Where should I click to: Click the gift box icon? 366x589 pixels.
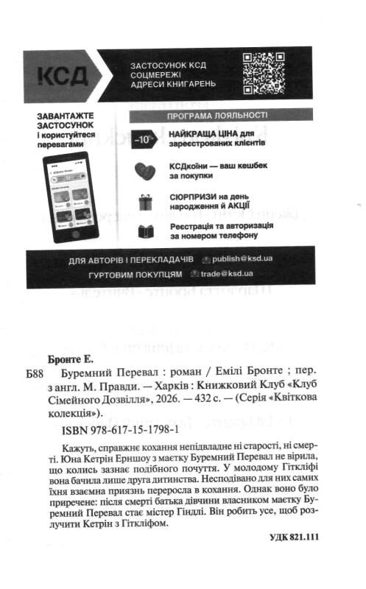tap(144, 203)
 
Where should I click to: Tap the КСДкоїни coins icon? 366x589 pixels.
tap(144, 172)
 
